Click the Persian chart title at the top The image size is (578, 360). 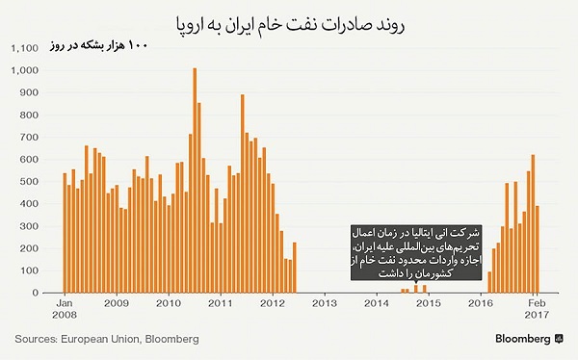point(289,20)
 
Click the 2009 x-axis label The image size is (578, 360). point(116,303)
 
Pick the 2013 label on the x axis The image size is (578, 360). point(324,303)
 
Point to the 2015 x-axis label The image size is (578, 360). point(428,303)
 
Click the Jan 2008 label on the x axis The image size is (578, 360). point(64,309)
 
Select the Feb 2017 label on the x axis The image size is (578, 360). point(536,309)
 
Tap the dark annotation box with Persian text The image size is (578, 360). point(414,254)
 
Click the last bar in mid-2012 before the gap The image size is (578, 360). point(294,267)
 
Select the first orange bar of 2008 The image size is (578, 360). point(64,233)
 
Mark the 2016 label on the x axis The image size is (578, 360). point(480,303)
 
